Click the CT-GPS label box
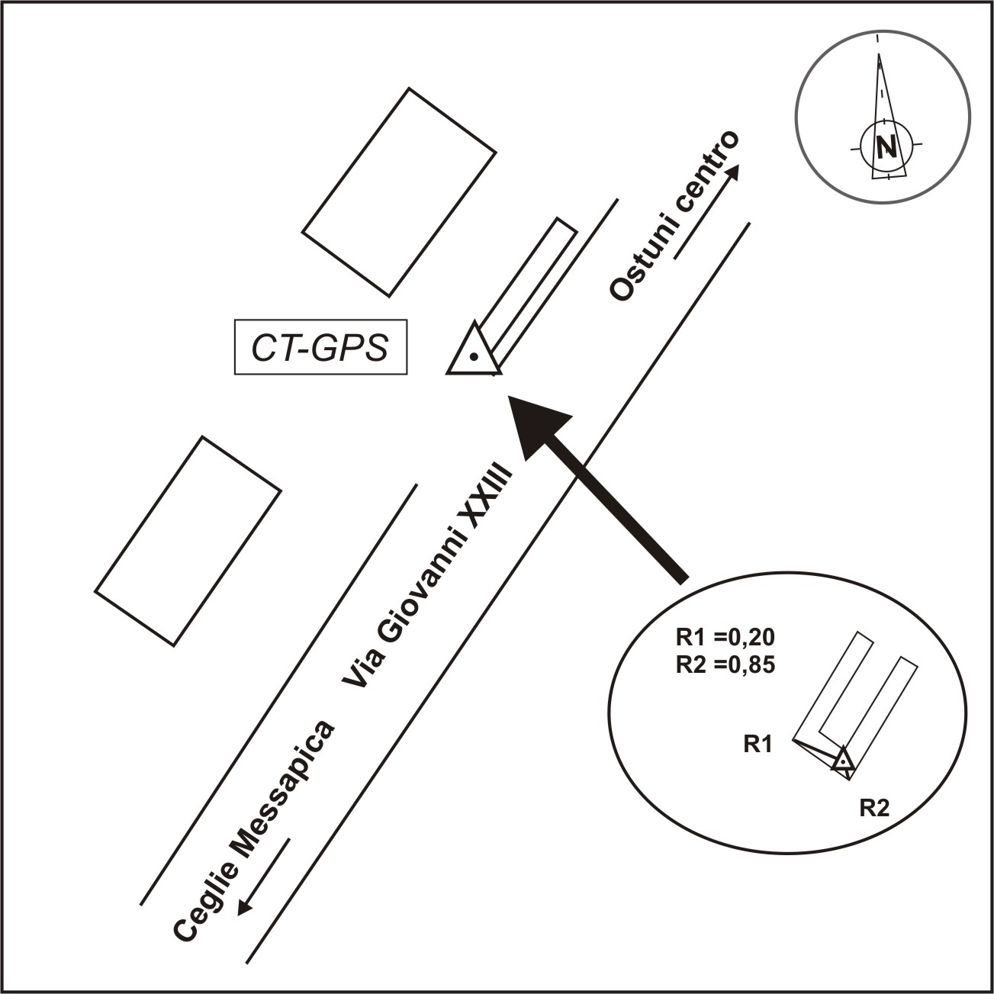click(x=321, y=347)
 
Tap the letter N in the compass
click(x=886, y=147)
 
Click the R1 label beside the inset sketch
click(x=758, y=745)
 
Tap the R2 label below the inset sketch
click(x=874, y=809)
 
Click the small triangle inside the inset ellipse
click(x=842, y=760)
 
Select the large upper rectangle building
click(x=399, y=192)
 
